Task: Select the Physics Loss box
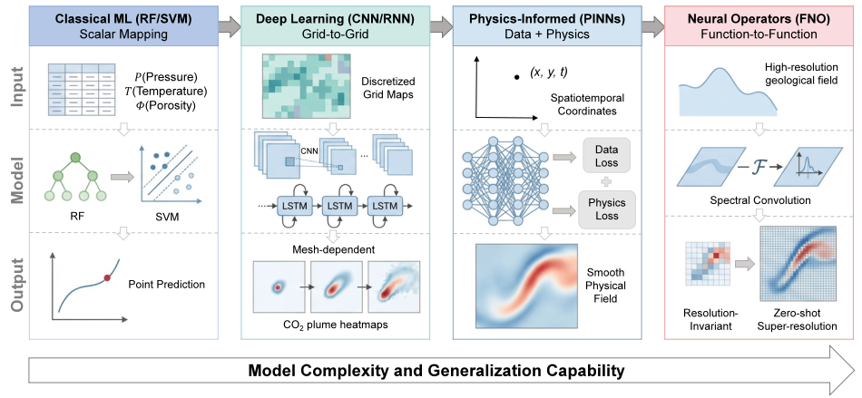click(x=606, y=209)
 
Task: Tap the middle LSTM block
click(x=338, y=206)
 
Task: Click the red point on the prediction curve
click(x=107, y=278)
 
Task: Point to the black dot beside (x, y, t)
click(x=516, y=78)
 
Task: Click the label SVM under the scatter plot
click(x=167, y=218)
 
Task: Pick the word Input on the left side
click(x=19, y=88)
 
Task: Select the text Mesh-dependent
click(x=335, y=250)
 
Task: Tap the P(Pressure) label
click(x=166, y=76)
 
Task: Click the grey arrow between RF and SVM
click(x=122, y=178)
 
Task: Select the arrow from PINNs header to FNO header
click(x=652, y=25)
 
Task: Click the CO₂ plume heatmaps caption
click(x=335, y=325)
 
